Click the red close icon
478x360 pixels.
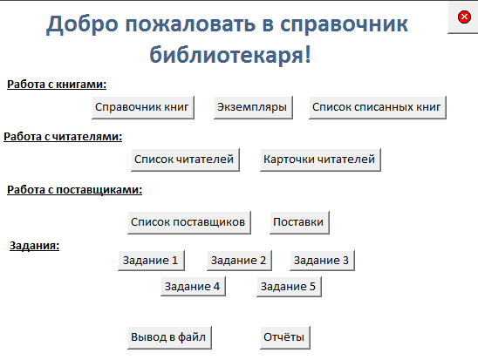coord(464,17)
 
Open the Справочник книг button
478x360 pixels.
coord(143,107)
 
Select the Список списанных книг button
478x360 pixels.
coord(378,107)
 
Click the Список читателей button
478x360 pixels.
coord(185,160)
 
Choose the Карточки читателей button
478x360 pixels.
coord(320,160)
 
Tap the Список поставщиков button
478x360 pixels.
coord(189,222)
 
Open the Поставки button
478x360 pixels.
coord(299,222)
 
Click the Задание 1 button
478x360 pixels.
coord(152,261)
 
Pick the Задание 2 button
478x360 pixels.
coord(239,261)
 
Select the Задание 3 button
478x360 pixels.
coord(322,261)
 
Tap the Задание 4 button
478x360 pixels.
coord(194,287)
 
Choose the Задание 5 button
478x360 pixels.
coord(289,287)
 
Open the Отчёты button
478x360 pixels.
coord(285,337)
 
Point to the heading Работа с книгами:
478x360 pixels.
coord(57,85)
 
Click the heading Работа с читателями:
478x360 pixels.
coord(63,137)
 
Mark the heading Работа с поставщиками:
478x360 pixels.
coord(75,190)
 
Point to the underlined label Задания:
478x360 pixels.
coord(34,246)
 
